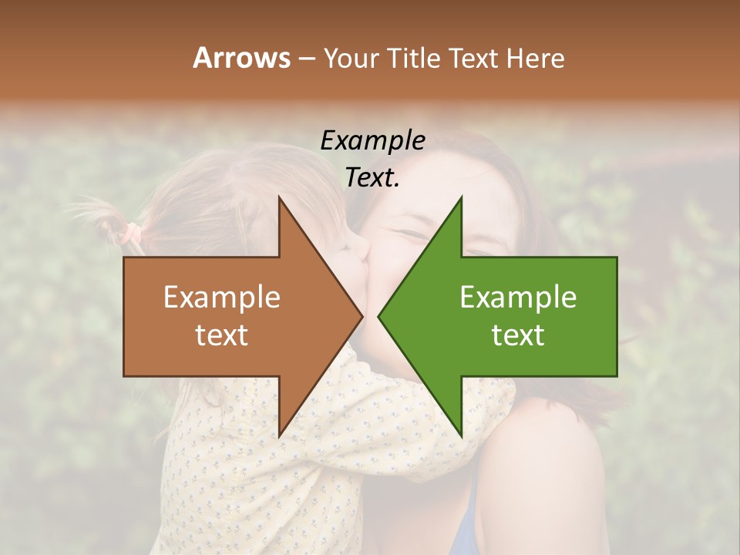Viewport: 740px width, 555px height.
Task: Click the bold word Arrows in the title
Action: [241, 58]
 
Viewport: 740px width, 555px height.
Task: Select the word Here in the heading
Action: [536, 58]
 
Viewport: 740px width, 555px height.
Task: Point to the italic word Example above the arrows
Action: [372, 140]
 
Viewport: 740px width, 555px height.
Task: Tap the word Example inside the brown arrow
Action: [222, 297]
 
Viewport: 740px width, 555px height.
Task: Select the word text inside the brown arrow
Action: [222, 335]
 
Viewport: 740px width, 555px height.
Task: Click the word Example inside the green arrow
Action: [518, 297]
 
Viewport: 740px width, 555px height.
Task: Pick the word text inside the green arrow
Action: [518, 335]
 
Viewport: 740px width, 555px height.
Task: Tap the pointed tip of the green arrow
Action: [379, 316]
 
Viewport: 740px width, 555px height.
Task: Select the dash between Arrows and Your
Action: [306, 59]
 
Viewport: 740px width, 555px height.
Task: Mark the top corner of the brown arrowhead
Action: [279, 197]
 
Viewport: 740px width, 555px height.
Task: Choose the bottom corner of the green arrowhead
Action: [461, 436]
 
